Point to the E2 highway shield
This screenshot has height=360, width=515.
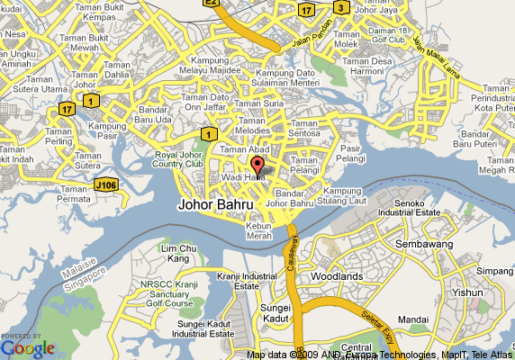point(211,4)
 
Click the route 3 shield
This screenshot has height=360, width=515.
point(341,8)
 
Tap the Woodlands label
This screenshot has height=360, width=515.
point(336,276)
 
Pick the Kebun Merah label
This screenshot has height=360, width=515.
point(259,230)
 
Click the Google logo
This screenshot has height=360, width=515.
point(28,347)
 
